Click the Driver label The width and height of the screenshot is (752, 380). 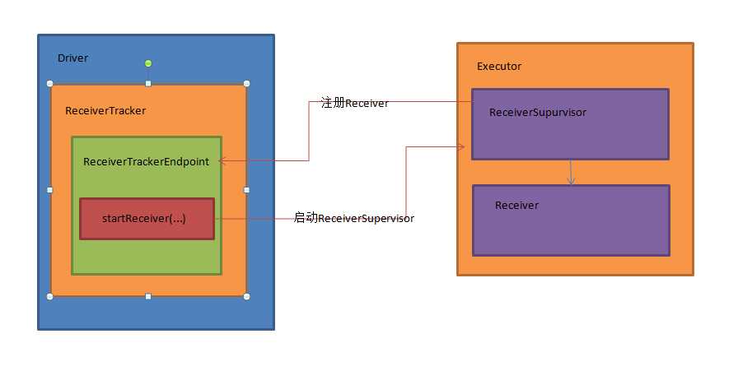click(x=72, y=58)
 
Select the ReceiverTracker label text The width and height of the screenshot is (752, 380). click(x=105, y=110)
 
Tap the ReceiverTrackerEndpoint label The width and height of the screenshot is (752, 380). click(x=146, y=161)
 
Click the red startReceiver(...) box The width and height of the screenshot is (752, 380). click(x=147, y=219)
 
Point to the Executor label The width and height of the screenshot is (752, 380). click(x=499, y=66)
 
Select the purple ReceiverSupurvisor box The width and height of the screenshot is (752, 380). click(x=570, y=124)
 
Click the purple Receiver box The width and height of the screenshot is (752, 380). click(x=570, y=220)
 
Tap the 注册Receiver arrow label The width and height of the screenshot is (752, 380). click(x=354, y=103)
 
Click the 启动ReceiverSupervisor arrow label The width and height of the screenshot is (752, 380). click(x=354, y=218)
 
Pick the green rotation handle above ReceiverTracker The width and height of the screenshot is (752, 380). click(x=148, y=63)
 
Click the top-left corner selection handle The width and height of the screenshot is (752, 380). click(x=50, y=83)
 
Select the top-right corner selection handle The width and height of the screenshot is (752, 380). click(x=246, y=83)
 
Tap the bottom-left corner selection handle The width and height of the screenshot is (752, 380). click(x=50, y=296)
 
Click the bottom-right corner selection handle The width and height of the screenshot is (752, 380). click(x=246, y=296)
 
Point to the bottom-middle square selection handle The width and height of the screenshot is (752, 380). click(x=148, y=296)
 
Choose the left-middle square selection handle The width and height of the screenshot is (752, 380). click(x=50, y=190)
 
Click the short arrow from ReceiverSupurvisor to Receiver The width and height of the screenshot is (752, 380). click(x=571, y=173)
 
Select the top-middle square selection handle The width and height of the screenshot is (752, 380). click(x=148, y=83)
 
